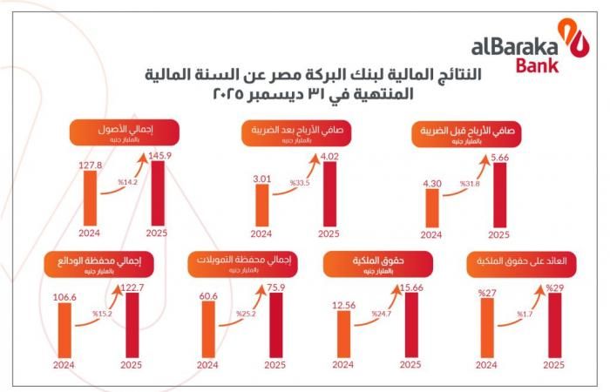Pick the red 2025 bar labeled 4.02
point(330,195)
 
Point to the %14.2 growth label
point(127,183)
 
